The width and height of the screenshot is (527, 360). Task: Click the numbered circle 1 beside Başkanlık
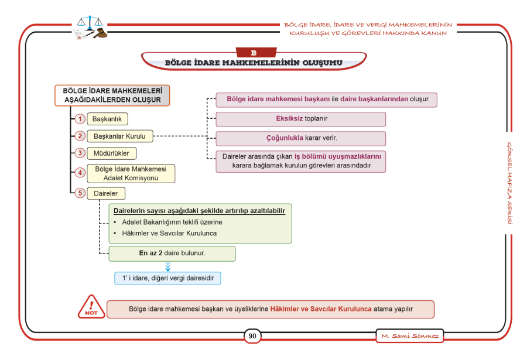(x=80, y=119)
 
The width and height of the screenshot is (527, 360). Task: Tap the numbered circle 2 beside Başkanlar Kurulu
(x=80, y=136)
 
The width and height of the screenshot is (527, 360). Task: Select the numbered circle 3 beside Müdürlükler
(x=80, y=153)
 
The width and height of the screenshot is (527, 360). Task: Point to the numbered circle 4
(x=80, y=173)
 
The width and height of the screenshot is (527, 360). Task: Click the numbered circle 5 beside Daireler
(x=80, y=194)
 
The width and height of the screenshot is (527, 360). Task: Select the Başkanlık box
(x=107, y=119)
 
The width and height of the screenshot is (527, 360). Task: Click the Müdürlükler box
(x=111, y=153)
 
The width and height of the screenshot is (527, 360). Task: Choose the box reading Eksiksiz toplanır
(x=301, y=119)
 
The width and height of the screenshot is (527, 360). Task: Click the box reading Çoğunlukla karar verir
(x=301, y=139)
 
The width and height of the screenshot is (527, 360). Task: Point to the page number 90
(x=252, y=336)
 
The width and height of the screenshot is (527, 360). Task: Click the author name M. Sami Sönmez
(x=409, y=336)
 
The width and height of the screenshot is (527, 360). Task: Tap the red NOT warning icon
(x=91, y=307)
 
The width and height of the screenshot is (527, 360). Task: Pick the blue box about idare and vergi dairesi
(x=167, y=278)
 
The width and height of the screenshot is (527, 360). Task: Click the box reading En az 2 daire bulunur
(x=172, y=253)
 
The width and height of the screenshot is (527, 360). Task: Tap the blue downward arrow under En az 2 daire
(x=168, y=267)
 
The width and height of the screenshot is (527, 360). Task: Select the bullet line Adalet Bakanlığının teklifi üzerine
(x=172, y=222)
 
